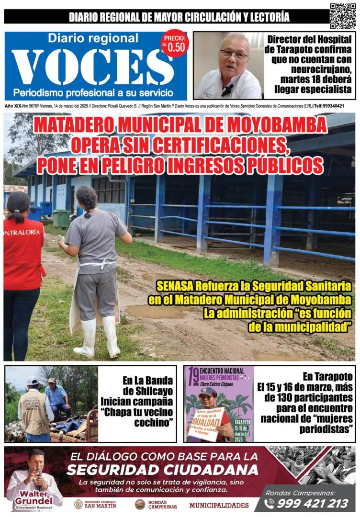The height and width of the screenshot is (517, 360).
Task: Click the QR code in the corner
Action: (x=343, y=16)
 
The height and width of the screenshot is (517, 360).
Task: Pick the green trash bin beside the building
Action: (x=61, y=218)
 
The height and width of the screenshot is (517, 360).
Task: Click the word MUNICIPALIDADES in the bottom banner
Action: (x=219, y=505)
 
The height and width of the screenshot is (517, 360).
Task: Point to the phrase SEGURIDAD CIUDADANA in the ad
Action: (x=162, y=469)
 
